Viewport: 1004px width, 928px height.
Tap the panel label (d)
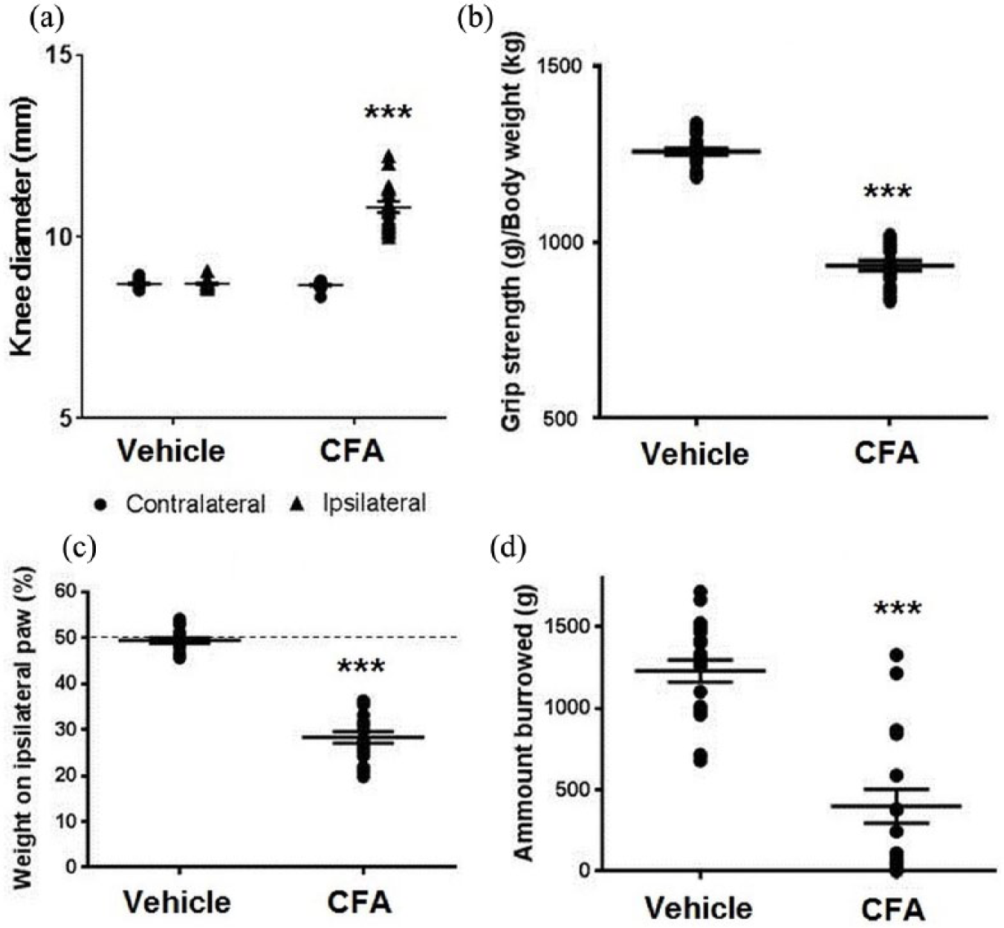point(508,549)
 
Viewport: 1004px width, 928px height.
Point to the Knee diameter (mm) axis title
point(23,227)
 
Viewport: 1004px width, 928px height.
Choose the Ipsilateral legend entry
point(358,503)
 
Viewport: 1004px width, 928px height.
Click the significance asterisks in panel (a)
point(388,113)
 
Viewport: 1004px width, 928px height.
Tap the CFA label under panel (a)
point(352,451)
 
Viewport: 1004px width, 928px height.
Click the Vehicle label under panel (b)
point(695,454)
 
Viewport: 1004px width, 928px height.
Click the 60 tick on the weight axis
point(69,592)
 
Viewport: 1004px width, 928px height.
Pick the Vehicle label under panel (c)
point(178,902)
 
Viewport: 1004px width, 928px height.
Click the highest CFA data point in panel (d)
point(896,655)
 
